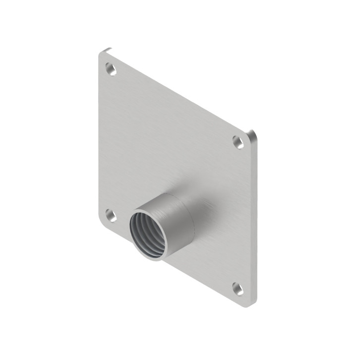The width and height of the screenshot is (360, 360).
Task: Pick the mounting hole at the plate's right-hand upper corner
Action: coord(239,142)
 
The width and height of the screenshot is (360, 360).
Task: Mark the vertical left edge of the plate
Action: coord(98,139)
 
